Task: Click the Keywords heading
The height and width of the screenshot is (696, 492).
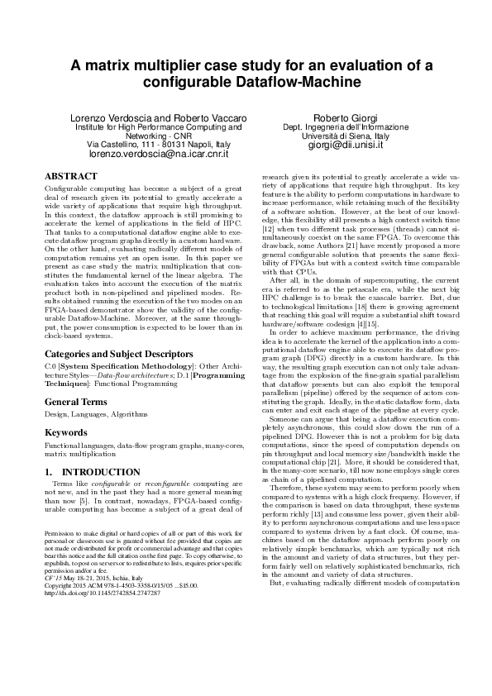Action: pos(66,431)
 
